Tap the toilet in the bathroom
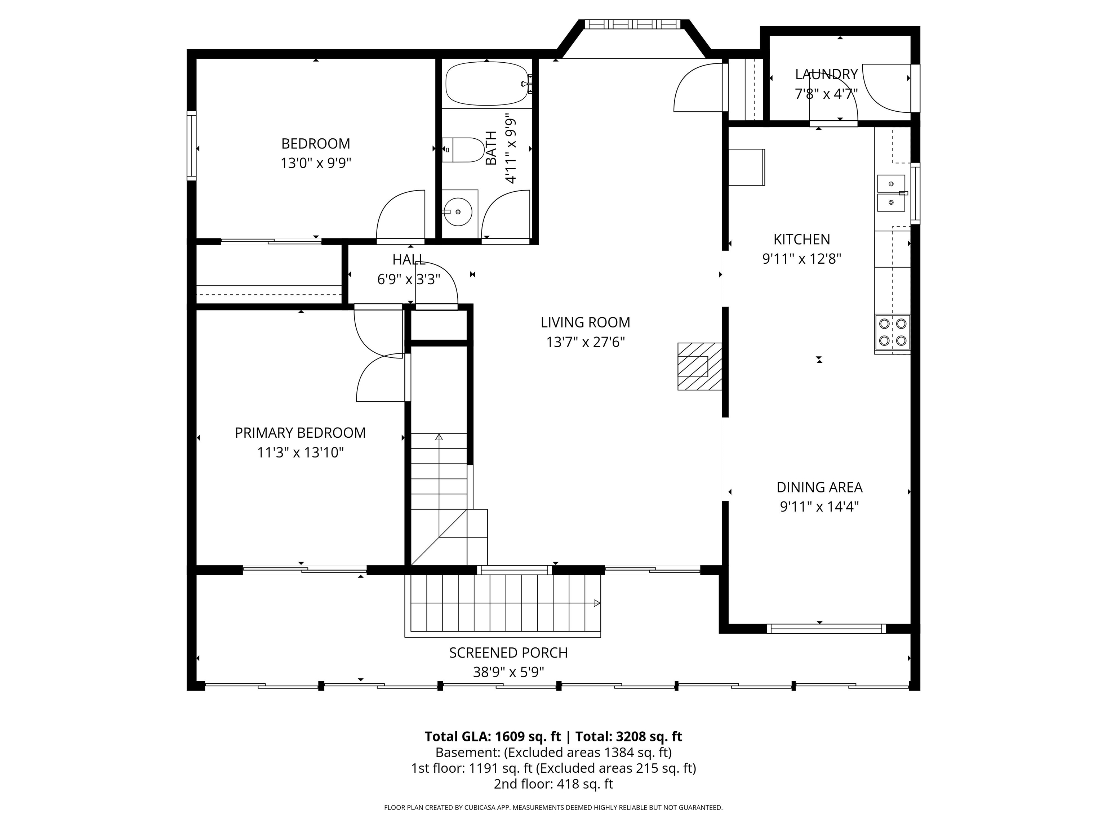463,150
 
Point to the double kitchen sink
891,193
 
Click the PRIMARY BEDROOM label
300,433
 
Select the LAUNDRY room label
826,74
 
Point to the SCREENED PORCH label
508,653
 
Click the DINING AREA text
819,487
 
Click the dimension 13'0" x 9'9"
316,163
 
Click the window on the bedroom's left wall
192,146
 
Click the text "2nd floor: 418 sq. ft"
553,784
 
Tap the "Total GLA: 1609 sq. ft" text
493,736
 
